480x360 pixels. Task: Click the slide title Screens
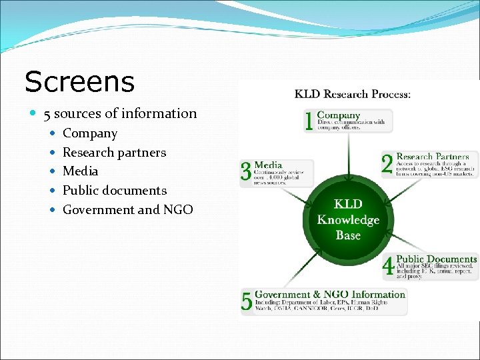click(x=79, y=82)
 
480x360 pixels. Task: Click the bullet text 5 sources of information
click(x=120, y=113)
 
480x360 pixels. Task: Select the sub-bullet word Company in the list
click(x=90, y=133)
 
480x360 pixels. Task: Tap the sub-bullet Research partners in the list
click(x=114, y=152)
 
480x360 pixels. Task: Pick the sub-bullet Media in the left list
click(x=80, y=171)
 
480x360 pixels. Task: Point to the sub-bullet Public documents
click(x=115, y=190)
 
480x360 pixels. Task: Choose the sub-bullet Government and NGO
click(x=128, y=209)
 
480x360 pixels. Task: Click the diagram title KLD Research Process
click(x=353, y=94)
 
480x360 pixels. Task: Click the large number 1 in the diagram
click(x=309, y=121)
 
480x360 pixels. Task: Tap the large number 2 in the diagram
click(x=387, y=164)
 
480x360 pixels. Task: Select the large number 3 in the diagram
click(x=247, y=171)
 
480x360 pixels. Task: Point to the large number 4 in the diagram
click(x=389, y=267)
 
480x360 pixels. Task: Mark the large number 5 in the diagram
click(x=247, y=301)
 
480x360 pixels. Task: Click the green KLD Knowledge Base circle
click(x=348, y=220)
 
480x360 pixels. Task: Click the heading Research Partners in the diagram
click(x=433, y=157)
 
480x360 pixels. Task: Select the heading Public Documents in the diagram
click(x=437, y=259)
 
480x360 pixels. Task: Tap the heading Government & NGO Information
click(x=330, y=294)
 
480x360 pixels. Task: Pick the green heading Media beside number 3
click(x=268, y=165)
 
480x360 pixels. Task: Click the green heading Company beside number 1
click(x=339, y=115)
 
